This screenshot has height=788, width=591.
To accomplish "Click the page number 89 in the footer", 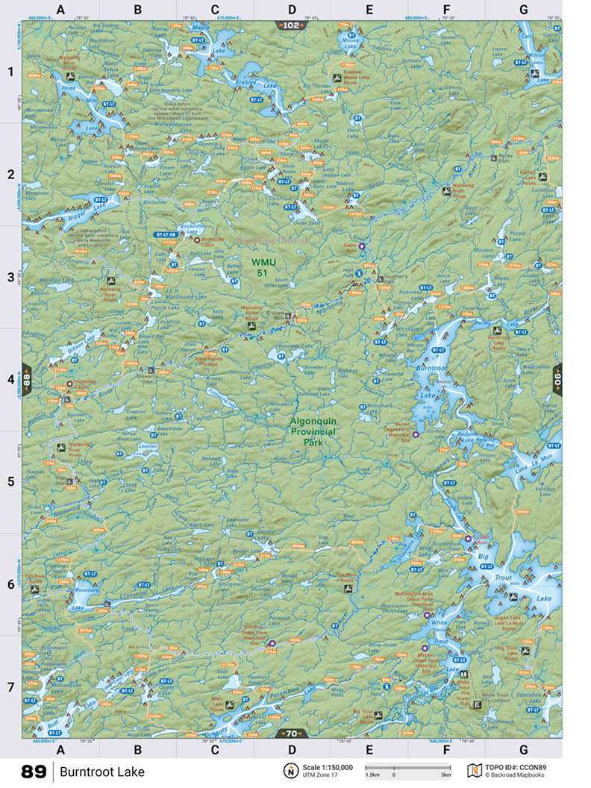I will click(x=34, y=772).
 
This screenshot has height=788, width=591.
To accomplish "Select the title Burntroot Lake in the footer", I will click(x=102, y=772).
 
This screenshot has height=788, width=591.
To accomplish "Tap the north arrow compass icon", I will click(x=290, y=771).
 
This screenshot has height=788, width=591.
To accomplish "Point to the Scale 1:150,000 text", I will click(x=328, y=766).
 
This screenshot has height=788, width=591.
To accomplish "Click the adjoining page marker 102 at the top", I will click(x=291, y=25).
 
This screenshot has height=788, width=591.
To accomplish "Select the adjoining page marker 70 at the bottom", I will click(x=291, y=733).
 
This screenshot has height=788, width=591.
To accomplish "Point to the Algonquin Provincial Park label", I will click(x=313, y=431).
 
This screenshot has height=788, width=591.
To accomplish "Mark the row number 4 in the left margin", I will click(x=10, y=379).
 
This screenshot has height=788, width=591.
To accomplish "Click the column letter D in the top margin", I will click(x=292, y=10).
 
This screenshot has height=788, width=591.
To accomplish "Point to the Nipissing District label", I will click(x=262, y=240).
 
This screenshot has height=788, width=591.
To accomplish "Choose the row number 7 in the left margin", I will click(x=10, y=687).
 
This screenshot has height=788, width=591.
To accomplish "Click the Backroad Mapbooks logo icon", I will click(x=472, y=770).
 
